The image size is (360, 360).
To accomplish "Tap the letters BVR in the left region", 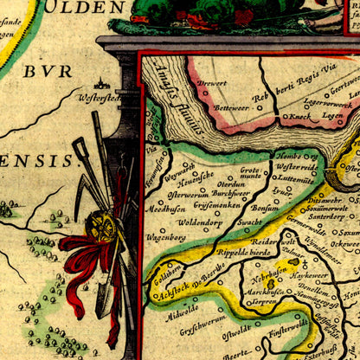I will pyautogui.click(x=48, y=71).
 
